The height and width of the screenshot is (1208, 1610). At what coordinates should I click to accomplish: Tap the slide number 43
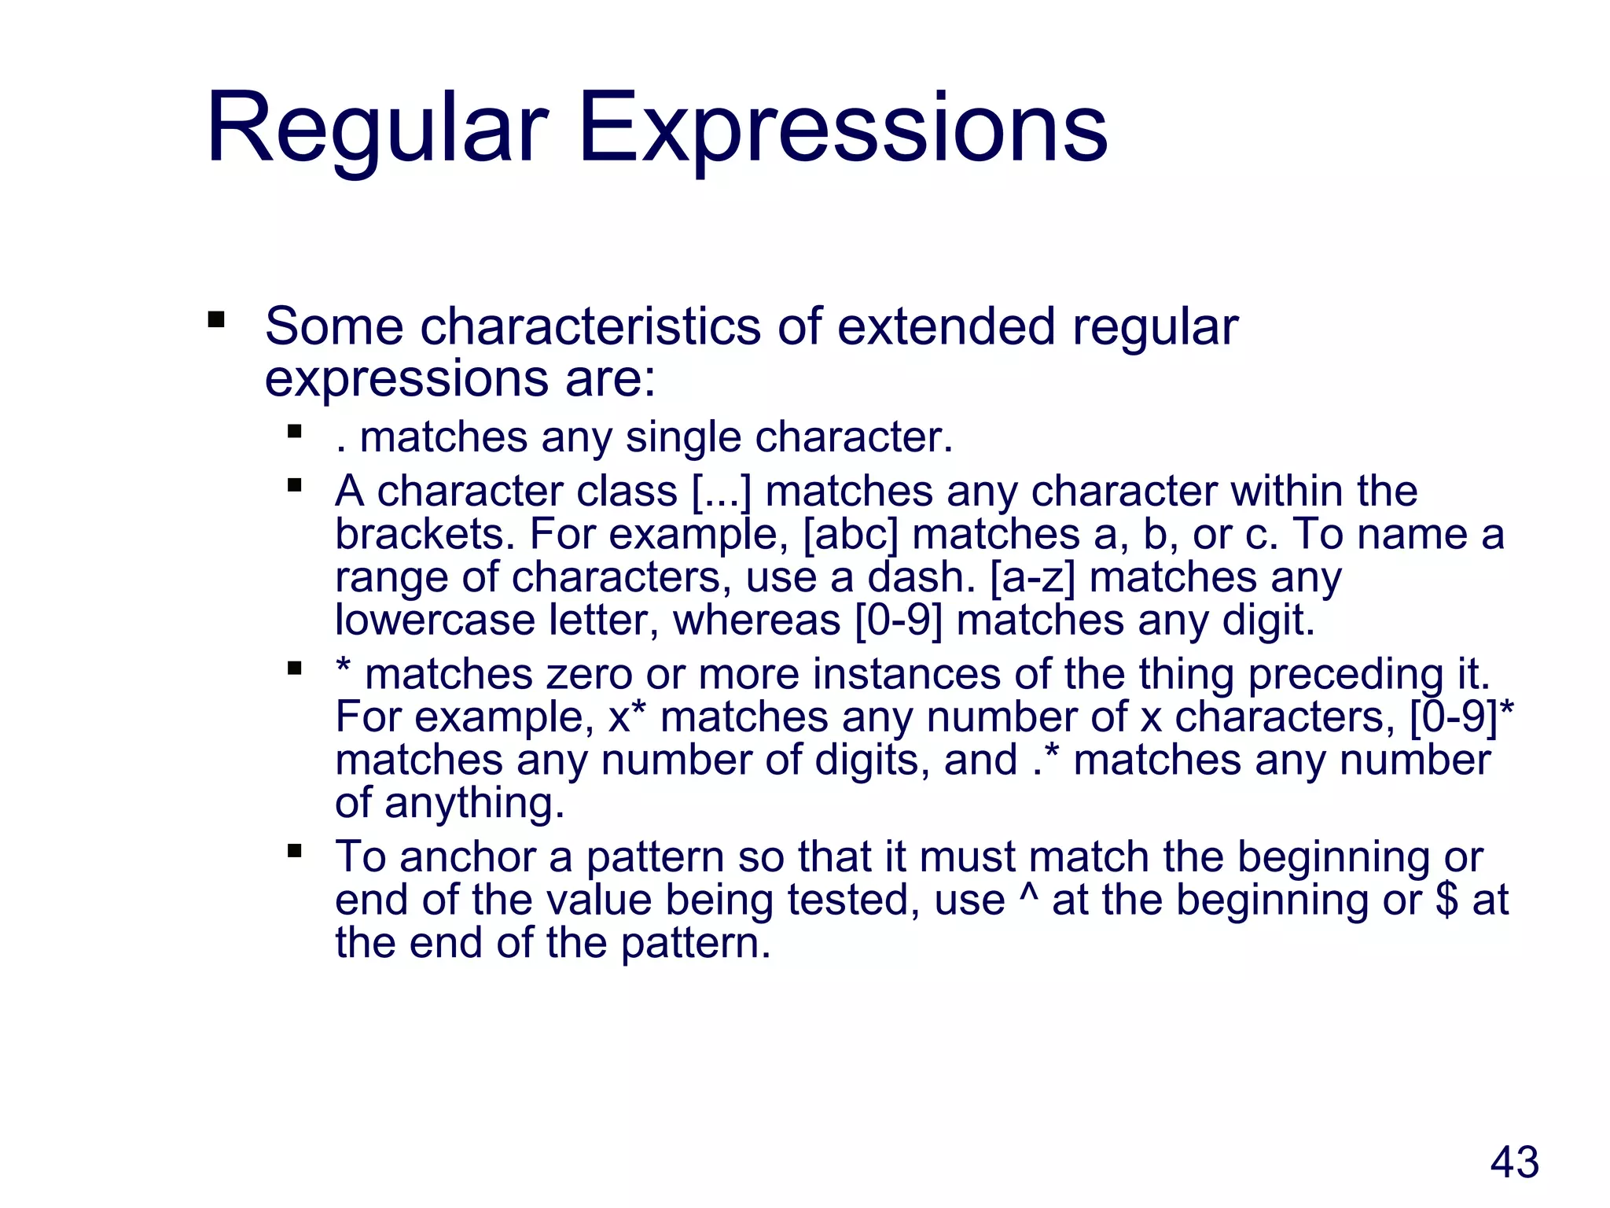1514,1162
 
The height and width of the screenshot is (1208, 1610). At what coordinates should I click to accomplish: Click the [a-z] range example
1032,577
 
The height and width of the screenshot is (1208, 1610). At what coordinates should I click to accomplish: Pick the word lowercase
435,620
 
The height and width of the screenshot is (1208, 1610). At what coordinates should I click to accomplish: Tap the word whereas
757,620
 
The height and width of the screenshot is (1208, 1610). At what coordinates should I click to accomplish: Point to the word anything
474,804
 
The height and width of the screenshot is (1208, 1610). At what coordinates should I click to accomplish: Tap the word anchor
467,857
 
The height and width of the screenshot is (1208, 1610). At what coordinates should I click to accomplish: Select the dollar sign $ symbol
1446,900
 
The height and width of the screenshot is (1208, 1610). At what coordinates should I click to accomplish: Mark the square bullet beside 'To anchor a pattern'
295,850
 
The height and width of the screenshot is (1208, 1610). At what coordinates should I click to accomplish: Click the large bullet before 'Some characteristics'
216,320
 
